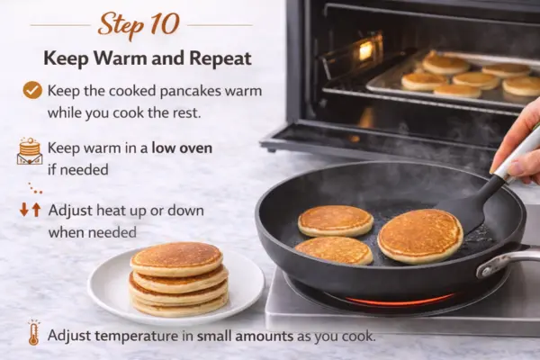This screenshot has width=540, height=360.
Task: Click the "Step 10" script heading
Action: coord(139,25)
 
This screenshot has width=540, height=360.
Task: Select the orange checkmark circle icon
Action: coord(32,90)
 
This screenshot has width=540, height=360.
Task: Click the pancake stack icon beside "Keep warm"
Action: coord(30,151)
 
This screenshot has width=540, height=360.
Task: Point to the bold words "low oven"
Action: coord(182,148)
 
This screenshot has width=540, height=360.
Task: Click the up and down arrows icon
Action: coord(31,210)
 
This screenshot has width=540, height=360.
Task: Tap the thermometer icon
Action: coord(33,333)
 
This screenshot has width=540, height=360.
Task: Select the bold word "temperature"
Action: coord(137,336)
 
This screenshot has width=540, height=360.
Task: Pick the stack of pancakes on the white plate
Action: coord(178,279)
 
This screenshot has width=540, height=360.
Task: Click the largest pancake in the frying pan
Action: coord(420,236)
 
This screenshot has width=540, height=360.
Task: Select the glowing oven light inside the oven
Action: coord(365,50)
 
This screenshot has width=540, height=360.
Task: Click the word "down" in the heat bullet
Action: coord(185,210)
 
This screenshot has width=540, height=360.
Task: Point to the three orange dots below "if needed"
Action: coord(35,188)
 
